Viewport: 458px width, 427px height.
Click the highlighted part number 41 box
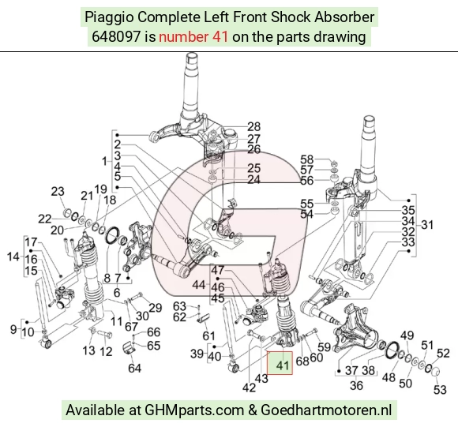(280, 363)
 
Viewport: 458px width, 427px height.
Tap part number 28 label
(253, 126)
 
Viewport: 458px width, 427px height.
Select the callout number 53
(440, 390)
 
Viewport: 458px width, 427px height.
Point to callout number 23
(58, 192)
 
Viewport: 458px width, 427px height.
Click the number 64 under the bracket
(134, 369)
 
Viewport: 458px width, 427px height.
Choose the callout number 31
(427, 225)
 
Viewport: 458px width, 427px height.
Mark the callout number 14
(13, 257)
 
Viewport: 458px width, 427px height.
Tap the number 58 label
(306, 159)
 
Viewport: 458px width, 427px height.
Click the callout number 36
(356, 385)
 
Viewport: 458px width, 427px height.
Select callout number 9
(13, 329)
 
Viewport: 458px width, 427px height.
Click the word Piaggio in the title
(109, 17)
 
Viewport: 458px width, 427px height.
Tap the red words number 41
(193, 37)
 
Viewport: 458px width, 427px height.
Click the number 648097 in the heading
(116, 37)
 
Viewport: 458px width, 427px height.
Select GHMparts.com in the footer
(194, 410)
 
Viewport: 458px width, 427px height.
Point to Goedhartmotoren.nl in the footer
(326, 410)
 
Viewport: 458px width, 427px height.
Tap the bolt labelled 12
(106, 334)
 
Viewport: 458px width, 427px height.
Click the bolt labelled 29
(137, 298)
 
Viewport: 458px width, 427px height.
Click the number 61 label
(208, 336)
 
